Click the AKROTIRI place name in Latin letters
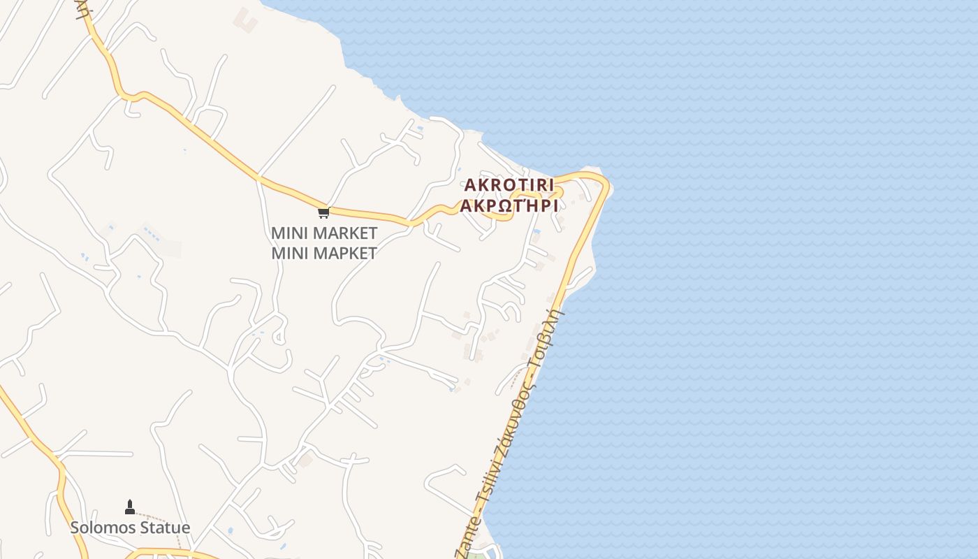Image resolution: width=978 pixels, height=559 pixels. [509, 185]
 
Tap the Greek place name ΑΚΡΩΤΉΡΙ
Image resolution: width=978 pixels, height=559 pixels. [509, 206]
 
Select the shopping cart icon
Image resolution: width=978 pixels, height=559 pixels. [323, 212]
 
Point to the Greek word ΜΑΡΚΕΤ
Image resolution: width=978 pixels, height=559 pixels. [344, 253]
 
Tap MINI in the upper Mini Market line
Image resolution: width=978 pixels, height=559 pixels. [289, 233]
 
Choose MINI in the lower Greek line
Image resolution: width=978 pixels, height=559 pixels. [289, 253]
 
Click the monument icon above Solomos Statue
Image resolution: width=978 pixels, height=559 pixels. [129, 507]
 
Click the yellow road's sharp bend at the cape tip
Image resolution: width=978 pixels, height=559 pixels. [604, 183]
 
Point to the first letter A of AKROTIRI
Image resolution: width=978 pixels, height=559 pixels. [470, 185]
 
